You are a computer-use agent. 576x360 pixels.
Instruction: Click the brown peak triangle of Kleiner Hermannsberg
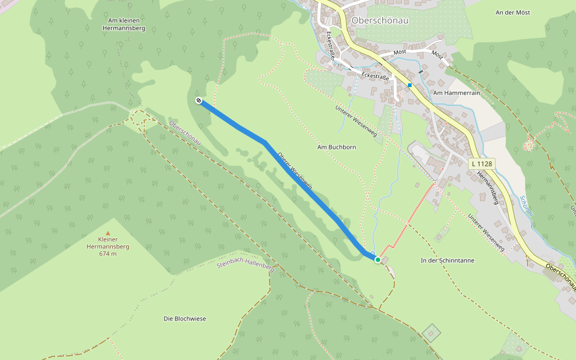(108, 233)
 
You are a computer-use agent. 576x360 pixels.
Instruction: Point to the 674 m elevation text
(108, 254)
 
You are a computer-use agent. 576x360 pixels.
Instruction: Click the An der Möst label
(514, 13)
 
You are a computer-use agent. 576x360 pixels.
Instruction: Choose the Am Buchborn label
(334, 147)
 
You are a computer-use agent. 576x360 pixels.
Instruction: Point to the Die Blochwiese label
(185, 319)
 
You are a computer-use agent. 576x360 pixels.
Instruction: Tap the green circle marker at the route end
(377, 259)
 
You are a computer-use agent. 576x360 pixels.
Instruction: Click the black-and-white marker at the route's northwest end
(199, 101)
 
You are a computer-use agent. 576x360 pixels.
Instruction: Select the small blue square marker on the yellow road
(410, 85)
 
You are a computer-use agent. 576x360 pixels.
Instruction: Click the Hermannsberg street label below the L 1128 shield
(487, 188)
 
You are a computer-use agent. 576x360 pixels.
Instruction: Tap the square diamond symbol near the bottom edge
(431, 331)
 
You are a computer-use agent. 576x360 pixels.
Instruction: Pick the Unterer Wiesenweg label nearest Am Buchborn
(356, 121)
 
